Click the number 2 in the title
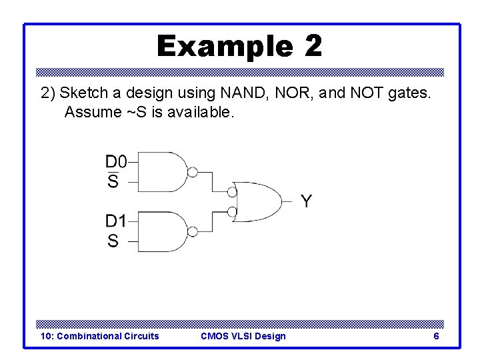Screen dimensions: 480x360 coord(313,46)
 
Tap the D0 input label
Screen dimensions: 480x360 coord(115,161)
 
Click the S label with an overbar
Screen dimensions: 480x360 coord(113,181)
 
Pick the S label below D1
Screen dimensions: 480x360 coord(113,241)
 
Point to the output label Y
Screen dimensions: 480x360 coord(305,201)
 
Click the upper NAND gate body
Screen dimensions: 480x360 coord(161,172)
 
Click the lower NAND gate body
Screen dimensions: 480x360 coord(161,231)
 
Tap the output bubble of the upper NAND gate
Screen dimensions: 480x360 coord(192,172)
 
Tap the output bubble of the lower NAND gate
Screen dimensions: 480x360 coord(192,231)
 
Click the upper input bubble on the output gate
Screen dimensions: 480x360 coord(232,192)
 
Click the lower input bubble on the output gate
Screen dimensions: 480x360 coord(232,213)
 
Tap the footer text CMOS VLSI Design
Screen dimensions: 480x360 coord(243,336)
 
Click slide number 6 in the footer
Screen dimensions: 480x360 coord(436,336)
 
